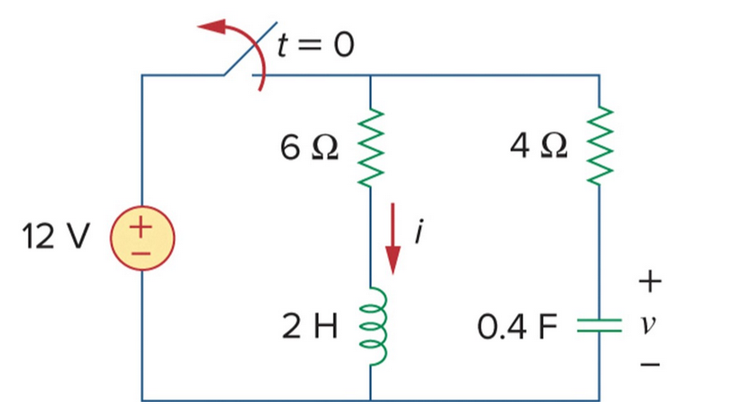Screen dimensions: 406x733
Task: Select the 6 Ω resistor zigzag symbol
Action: [369, 147]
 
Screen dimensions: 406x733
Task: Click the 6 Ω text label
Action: [310, 148]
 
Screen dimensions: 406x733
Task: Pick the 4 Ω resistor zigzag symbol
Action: [600, 147]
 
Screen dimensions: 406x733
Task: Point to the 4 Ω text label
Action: [540, 148]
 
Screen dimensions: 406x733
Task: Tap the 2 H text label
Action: [311, 327]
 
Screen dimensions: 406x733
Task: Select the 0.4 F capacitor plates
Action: [600, 327]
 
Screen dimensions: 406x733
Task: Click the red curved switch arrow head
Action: [213, 27]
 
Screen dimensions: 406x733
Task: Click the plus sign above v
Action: [650, 284]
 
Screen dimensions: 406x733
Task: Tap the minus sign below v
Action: [650, 364]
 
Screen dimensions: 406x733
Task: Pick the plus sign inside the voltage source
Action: [141, 225]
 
